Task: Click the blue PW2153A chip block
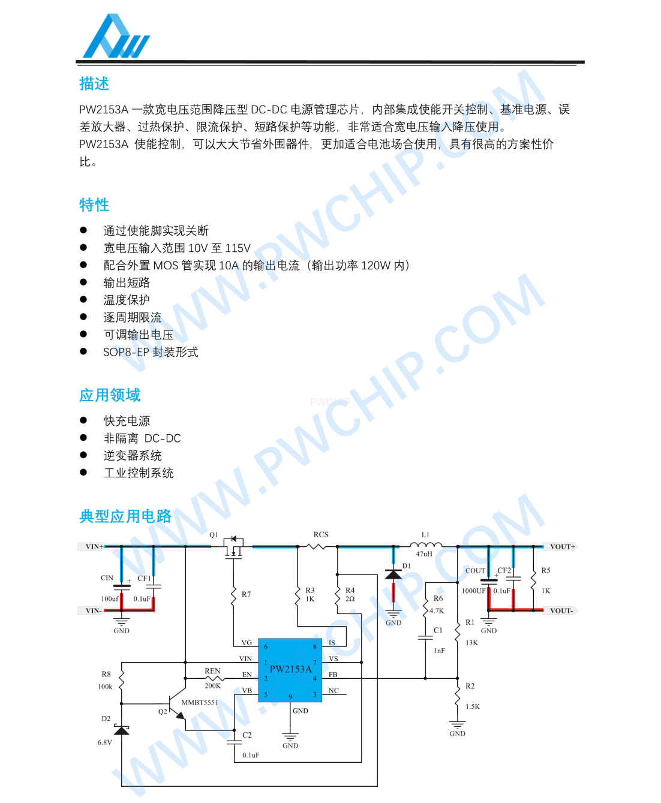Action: [x=290, y=670]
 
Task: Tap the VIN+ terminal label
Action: [x=94, y=546]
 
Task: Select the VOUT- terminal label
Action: [x=561, y=610]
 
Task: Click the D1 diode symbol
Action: [x=393, y=575]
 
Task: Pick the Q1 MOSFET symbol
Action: [x=233, y=546]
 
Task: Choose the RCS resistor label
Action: [x=321, y=534]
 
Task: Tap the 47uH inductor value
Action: [x=424, y=554]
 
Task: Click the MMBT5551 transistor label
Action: [x=200, y=702]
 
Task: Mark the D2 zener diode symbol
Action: [x=122, y=730]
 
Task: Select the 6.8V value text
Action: [x=105, y=742]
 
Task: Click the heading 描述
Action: [x=94, y=84]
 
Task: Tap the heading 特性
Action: [x=94, y=204]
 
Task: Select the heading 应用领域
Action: [x=110, y=395]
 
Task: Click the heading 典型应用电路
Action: [x=125, y=516]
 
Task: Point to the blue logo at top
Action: [x=116, y=37]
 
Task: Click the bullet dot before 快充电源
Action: [x=83, y=420]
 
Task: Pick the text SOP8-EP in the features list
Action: [x=126, y=352]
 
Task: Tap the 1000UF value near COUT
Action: [x=473, y=591]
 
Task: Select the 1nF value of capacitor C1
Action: [x=439, y=651]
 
